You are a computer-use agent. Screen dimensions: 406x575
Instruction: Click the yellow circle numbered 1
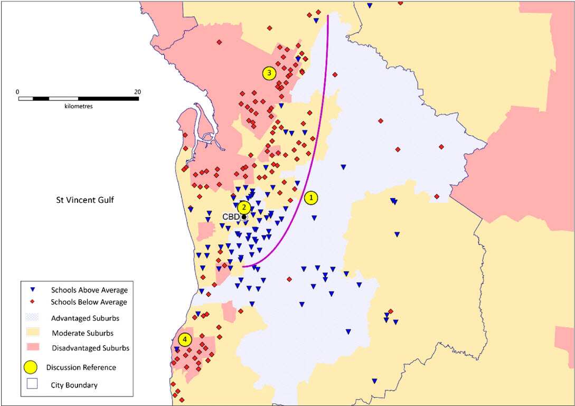[311, 198]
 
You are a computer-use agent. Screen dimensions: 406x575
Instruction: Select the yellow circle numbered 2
[243, 207]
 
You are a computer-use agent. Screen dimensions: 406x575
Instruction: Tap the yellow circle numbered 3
[269, 73]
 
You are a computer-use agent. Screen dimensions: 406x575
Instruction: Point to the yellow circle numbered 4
[184, 339]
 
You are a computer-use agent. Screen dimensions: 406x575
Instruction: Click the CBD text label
[231, 217]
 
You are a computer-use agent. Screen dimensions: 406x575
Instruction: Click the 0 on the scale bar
[17, 91]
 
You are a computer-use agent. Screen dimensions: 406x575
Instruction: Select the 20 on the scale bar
[137, 91]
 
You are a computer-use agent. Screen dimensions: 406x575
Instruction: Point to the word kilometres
[78, 106]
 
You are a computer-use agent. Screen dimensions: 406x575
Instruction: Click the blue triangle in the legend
[32, 290]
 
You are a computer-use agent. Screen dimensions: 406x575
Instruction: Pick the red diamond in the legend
[32, 302]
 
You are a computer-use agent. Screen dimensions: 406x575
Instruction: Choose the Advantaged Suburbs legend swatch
[32, 318]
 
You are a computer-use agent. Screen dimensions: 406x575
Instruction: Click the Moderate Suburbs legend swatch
[32, 333]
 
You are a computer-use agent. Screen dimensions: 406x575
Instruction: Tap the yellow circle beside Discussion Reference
[32, 367]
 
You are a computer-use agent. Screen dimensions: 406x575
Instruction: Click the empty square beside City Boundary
[32, 385]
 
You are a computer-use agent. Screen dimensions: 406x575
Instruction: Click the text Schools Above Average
[89, 290]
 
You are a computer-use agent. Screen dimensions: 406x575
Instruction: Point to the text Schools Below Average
[89, 302]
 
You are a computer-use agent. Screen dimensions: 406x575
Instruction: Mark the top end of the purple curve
[328, 16]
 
